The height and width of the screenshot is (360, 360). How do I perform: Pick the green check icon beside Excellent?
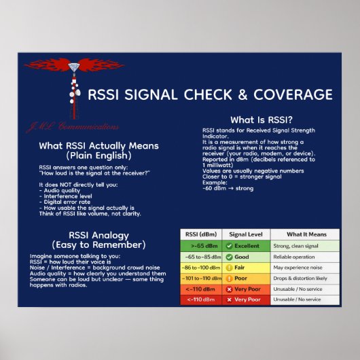pyautogui.click(x=230, y=246)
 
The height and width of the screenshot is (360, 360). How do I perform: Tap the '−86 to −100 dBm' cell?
pyautogui.click(x=200, y=268)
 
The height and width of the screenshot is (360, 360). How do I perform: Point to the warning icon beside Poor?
pyautogui.click(x=230, y=278)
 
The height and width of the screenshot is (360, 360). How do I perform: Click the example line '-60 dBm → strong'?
pyautogui.click(x=228, y=187)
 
